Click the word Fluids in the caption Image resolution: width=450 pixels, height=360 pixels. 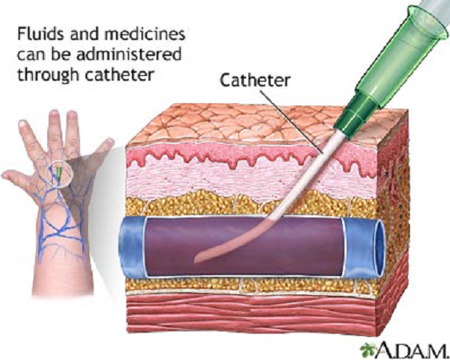[41, 34]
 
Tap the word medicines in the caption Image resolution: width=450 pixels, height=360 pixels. [145, 34]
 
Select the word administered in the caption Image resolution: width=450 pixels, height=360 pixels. [129, 54]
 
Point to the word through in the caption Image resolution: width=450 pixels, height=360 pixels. [48, 75]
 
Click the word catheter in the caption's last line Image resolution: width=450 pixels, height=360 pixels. [120, 74]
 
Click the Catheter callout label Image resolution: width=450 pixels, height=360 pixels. [255, 80]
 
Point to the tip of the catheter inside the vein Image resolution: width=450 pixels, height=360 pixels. [197, 261]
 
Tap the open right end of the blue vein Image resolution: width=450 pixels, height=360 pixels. [380, 249]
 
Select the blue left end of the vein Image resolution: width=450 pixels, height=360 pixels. [132, 246]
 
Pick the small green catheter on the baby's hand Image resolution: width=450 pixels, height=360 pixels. [59, 172]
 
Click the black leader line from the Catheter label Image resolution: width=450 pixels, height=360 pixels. [293, 122]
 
